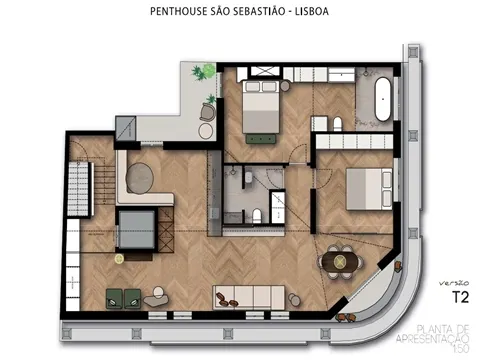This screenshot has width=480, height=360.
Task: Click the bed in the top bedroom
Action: pyautogui.click(x=260, y=104)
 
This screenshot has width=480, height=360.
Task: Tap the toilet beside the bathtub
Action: pyautogui.click(x=337, y=123)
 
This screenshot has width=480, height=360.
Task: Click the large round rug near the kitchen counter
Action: pyautogui.click(x=143, y=179)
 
